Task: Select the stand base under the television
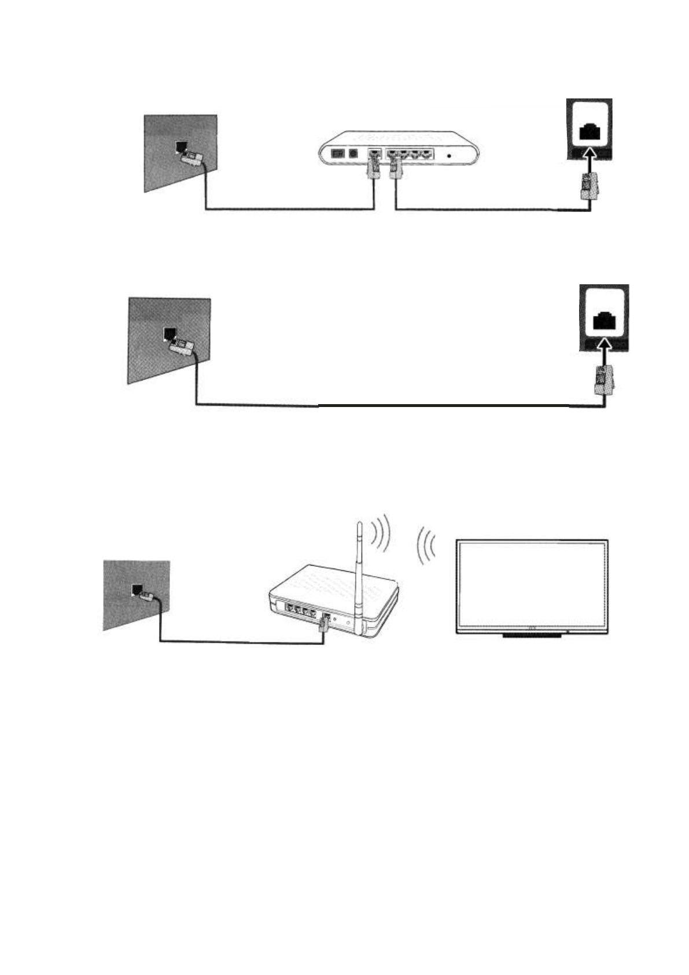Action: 532,635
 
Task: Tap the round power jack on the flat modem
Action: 352,155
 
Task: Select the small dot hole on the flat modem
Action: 449,155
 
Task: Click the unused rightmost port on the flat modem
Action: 426,155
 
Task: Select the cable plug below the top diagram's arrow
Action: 588,186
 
